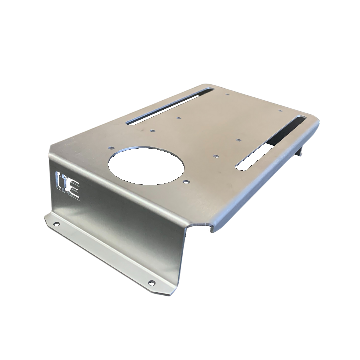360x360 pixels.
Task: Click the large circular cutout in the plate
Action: click(146, 166)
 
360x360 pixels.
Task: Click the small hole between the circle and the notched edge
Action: click(186, 182)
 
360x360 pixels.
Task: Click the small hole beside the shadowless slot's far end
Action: click(227, 94)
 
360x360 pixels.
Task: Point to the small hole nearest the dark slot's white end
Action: click(216, 156)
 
